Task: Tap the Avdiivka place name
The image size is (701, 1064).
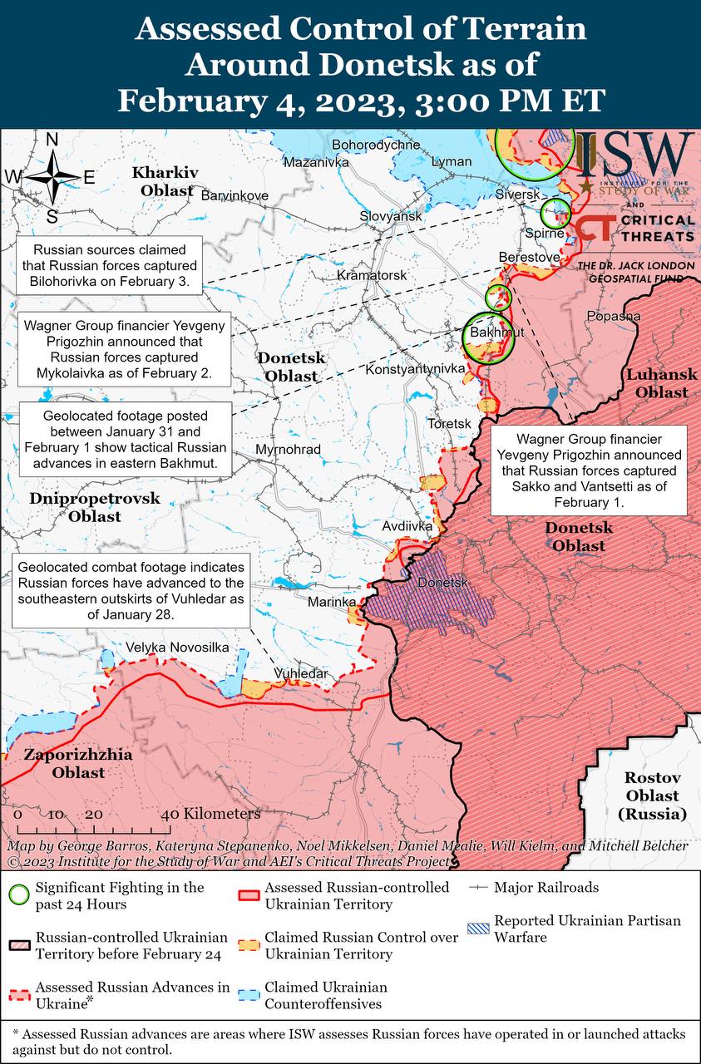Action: point(407,526)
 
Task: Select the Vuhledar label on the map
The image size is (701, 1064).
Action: point(301,673)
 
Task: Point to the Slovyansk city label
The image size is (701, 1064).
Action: point(391,216)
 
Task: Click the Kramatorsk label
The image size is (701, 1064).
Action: point(372,274)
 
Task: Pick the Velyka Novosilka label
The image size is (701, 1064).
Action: point(177,648)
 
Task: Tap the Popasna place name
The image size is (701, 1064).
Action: point(614,316)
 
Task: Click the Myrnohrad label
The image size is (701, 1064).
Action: point(289,450)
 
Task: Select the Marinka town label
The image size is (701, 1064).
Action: point(332,601)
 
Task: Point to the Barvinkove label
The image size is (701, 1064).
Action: point(235,195)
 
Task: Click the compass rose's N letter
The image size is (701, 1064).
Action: point(52,140)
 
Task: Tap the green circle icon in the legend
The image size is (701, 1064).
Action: point(18,895)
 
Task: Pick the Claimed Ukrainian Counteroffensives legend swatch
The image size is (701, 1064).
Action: point(248,995)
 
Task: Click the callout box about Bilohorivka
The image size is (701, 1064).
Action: point(110,264)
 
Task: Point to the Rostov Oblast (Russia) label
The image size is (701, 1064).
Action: point(653,796)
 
